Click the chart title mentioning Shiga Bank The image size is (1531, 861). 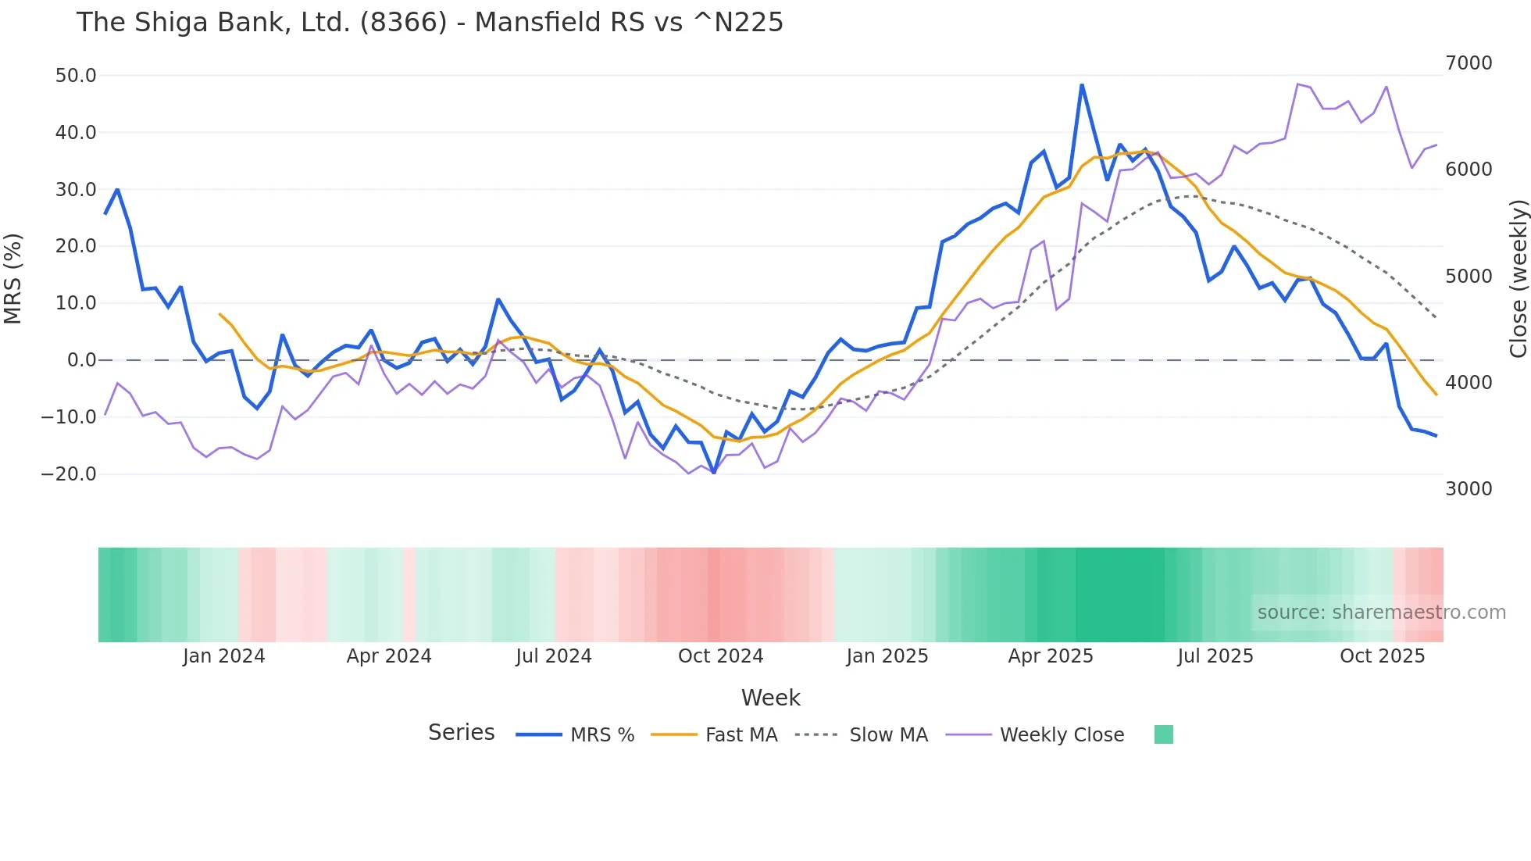tap(430, 23)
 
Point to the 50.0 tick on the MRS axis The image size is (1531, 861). tap(76, 76)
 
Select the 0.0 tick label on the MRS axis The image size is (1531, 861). tap(81, 360)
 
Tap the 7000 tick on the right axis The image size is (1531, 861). tap(1469, 63)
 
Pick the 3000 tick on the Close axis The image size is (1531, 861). tap(1469, 489)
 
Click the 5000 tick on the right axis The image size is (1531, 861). tap(1469, 277)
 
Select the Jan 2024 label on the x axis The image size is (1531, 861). tap(224, 656)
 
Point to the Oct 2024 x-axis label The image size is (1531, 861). tap(720, 656)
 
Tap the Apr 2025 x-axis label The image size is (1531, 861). tap(1051, 656)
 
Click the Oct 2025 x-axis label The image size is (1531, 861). tap(1383, 656)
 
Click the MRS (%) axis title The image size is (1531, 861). tap(13, 278)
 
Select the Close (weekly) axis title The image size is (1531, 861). tap(1518, 278)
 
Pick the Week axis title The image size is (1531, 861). tap(770, 698)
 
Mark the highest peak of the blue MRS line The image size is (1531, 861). tap(1082, 84)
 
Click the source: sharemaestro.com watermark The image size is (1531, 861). tap(1381, 613)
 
